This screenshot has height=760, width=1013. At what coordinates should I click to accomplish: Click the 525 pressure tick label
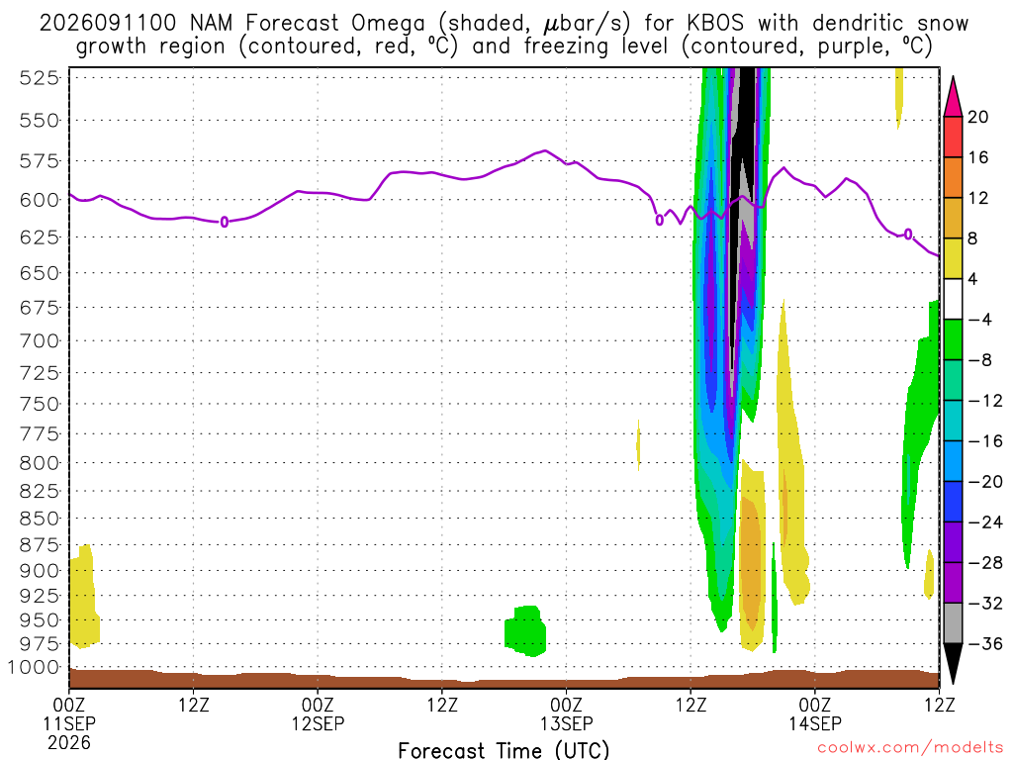[x=39, y=78]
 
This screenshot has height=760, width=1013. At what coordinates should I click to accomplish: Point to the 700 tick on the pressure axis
[x=39, y=340]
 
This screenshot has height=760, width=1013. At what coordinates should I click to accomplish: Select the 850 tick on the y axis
[x=39, y=519]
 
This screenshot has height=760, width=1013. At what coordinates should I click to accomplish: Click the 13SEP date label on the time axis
[x=567, y=723]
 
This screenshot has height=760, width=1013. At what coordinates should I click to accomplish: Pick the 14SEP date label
[x=815, y=723]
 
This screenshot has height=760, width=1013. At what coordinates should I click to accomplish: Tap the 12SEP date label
[x=318, y=723]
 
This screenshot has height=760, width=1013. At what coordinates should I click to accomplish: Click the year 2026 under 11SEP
[x=69, y=742]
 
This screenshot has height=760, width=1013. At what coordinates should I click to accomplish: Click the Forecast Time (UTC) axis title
[x=504, y=750]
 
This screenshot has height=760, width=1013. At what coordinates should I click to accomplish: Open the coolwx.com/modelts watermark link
[x=910, y=748]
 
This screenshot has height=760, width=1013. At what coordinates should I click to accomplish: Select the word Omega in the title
[x=388, y=24]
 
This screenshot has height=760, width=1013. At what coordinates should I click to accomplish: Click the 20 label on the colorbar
[x=978, y=117]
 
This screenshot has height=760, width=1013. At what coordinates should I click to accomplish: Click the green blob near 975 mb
[x=526, y=630]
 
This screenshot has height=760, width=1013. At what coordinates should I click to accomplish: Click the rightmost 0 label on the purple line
[x=908, y=234]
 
